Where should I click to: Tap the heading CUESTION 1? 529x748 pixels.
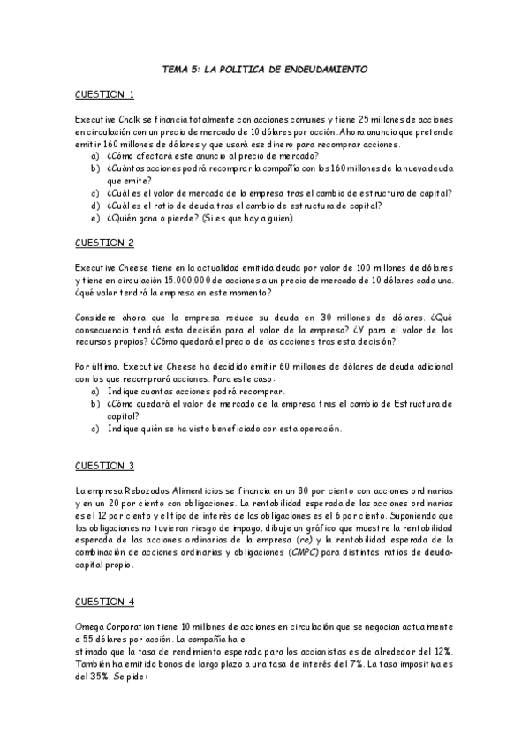pos(104,94)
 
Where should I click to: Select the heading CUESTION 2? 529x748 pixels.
pos(104,242)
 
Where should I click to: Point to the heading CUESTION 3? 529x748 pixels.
pos(104,466)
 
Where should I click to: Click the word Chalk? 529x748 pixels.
pos(132,119)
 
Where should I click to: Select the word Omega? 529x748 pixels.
pos(91,625)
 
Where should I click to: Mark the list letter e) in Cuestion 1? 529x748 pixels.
pos(94,218)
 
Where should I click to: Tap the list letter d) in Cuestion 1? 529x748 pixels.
pos(94,206)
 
